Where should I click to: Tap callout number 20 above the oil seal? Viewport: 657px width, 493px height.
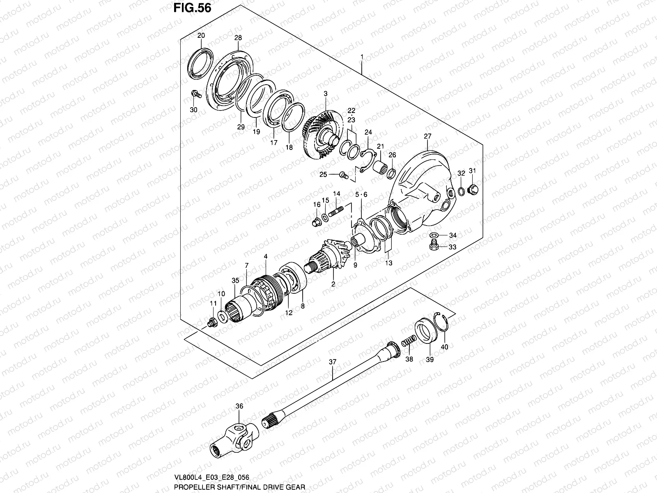[x=201, y=36]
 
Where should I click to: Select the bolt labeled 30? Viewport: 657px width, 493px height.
[x=195, y=94]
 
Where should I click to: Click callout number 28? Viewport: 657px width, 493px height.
[x=238, y=38]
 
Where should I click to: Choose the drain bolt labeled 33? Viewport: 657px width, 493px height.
[x=432, y=246]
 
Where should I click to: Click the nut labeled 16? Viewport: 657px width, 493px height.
[x=317, y=222]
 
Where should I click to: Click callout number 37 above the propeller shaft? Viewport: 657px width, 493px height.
[x=333, y=362]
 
